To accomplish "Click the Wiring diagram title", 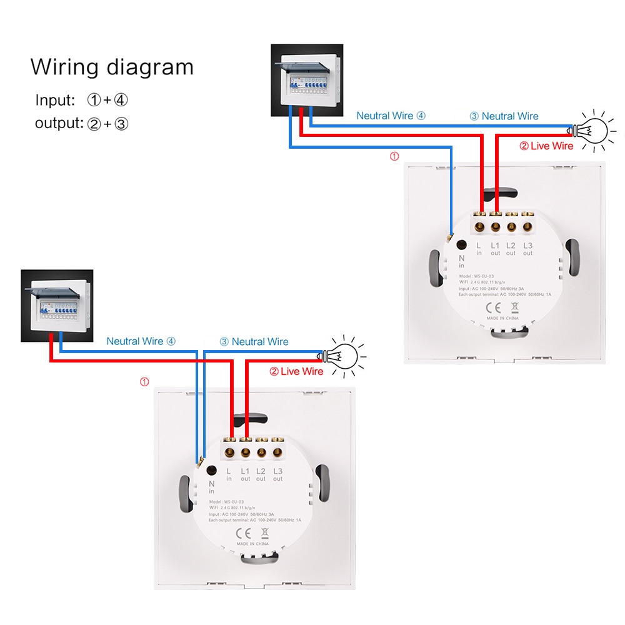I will click(112, 67).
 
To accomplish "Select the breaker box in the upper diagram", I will click(306, 79).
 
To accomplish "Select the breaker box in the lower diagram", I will click(56, 305).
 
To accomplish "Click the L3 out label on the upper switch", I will click(528, 249).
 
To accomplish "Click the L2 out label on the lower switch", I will click(261, 474).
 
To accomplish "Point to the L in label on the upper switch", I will click(479, 249).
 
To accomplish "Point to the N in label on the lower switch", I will click(211, 487).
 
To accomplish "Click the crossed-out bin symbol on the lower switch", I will click(264, 532).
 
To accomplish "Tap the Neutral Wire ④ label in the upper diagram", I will click(391, 116).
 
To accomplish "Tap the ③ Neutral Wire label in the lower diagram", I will click(254, 342).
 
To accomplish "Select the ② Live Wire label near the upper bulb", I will click(546, 146).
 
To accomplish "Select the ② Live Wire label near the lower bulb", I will click(296, 371).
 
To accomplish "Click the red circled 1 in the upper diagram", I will click(394, 157).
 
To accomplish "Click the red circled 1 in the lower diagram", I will click(144, 382).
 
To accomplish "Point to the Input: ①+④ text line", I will click(81, 100).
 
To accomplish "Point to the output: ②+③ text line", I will click(81, 123).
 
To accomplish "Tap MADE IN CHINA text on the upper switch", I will click(504, 318).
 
